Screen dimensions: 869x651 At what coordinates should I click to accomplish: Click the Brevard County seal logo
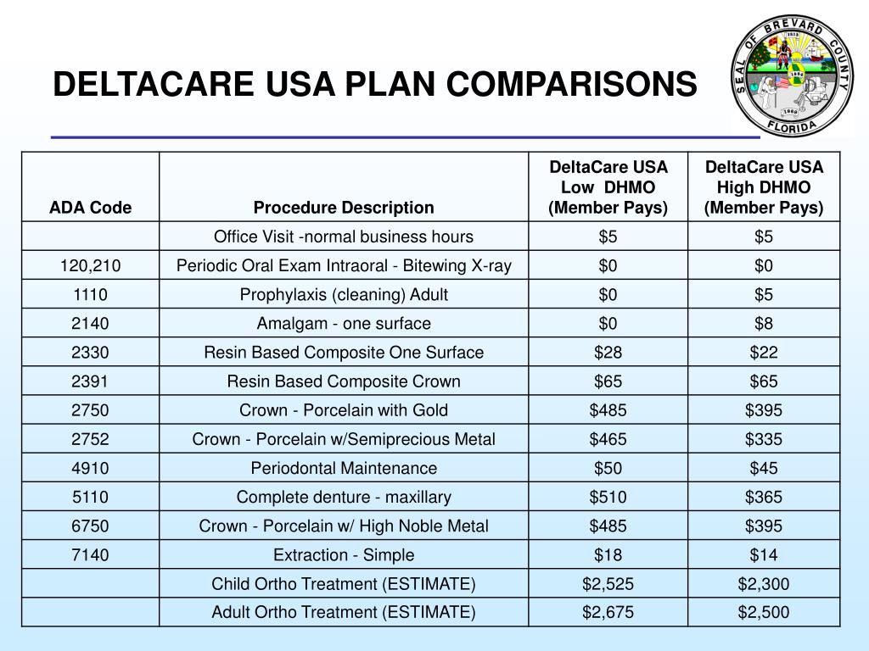coord(792,75)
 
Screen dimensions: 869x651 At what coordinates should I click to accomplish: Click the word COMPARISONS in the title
coord(571,84)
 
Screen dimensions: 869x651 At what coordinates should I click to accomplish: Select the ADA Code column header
coord(90,208)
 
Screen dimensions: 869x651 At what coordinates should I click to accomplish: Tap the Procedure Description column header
coord(344,208)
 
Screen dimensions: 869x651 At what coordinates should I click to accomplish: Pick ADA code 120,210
coord(90,265)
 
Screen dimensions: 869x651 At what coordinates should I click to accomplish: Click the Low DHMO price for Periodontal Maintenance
coord(608,468)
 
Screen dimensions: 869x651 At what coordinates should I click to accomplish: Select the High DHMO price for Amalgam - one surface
coord(764,323)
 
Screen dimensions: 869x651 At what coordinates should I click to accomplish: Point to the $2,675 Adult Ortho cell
coord(608,612)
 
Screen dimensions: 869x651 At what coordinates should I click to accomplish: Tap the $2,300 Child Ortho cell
coord(764,584)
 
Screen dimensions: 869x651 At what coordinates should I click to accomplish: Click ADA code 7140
coord(90,554)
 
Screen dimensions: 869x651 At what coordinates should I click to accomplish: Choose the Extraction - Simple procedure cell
coord(344,554)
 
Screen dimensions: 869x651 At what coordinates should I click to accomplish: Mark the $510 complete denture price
coord(608,497)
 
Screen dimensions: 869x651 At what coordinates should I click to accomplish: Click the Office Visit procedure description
coord(344,237)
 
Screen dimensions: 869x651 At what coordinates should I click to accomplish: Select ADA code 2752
coord(90,440)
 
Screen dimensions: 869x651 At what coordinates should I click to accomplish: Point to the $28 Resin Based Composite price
coord(608,353)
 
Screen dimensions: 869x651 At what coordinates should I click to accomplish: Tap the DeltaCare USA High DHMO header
coord(764,187)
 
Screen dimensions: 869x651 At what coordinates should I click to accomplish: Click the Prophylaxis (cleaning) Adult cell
coord(344,294)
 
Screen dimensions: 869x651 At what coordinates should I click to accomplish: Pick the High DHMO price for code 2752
coord(764,440)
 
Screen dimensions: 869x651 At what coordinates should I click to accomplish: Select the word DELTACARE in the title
coord(154,84)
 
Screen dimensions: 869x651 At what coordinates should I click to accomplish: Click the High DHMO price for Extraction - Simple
coord(764,554)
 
